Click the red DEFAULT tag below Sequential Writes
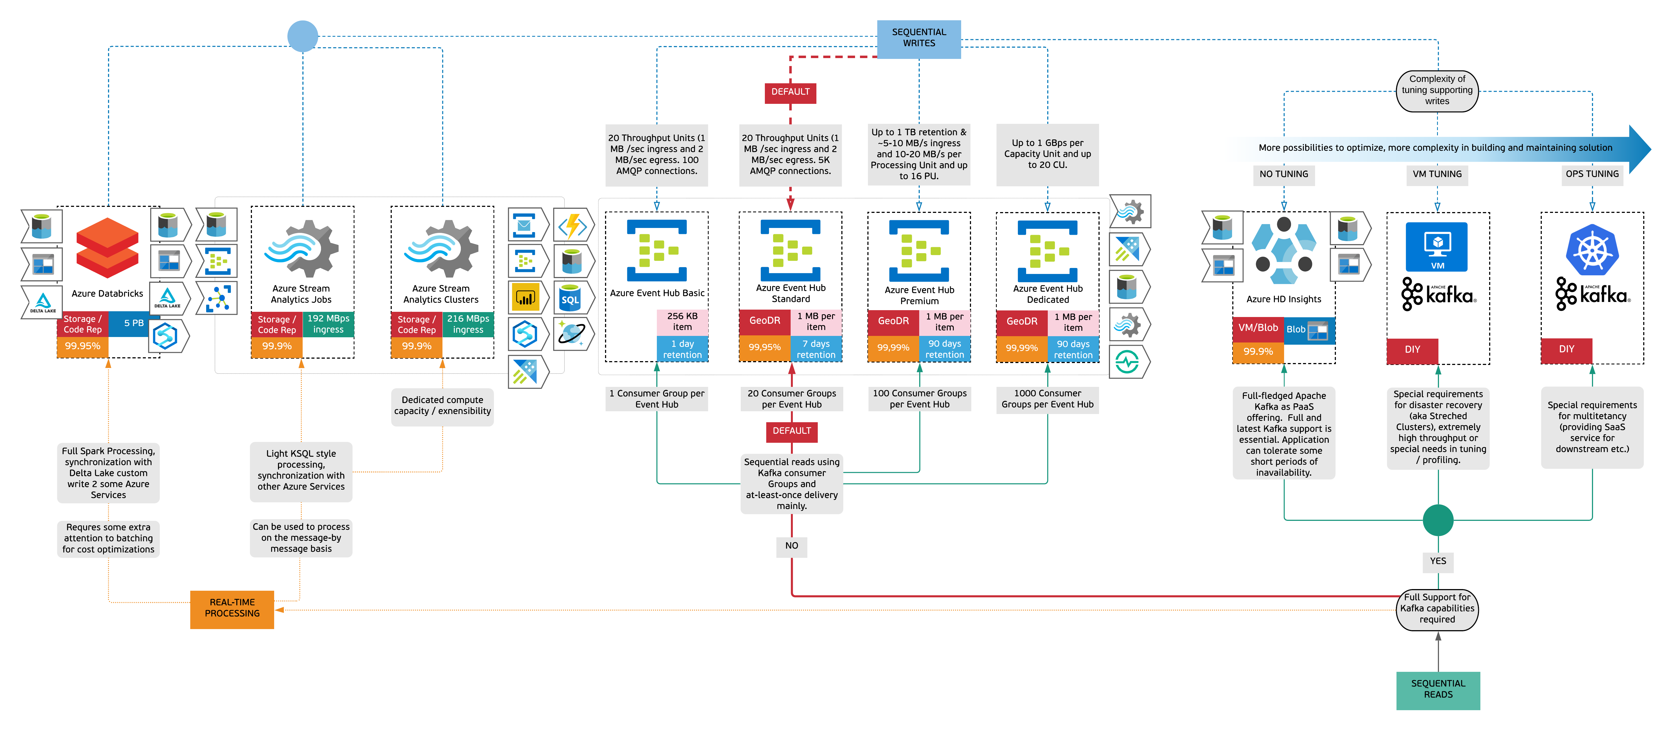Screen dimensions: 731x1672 [x=790, y=92]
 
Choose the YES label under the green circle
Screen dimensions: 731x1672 [x=1438, y=561]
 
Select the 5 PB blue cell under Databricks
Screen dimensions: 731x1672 [x=134, y=323]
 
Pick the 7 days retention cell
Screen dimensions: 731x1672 [x=816, y=349]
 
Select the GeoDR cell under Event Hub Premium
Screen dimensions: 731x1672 [x=893, y=321]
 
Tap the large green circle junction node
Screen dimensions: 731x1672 [x=1438, y=519]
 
